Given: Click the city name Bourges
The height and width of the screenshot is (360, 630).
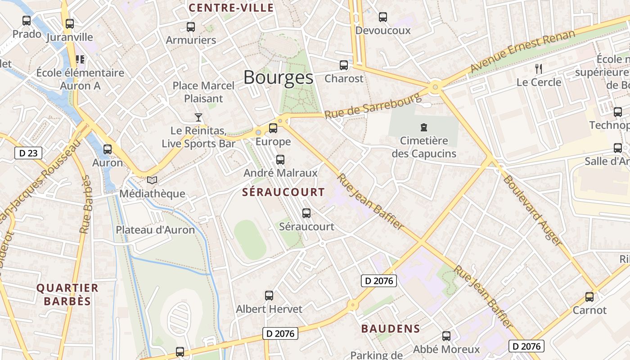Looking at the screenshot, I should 278,78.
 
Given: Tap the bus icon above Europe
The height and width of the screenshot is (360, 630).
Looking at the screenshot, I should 273,128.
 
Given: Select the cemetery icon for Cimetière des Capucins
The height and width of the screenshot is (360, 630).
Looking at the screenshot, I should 423,127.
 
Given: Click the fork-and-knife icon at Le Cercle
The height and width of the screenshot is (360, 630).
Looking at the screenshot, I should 538,68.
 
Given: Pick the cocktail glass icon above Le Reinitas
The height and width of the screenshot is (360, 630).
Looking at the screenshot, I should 198,117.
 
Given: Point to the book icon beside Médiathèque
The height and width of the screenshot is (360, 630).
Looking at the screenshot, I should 152,180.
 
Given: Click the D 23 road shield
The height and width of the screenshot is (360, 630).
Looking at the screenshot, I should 28,153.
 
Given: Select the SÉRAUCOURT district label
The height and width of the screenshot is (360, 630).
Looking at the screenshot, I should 283,192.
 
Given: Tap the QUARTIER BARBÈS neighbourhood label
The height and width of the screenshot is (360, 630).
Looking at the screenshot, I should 67,294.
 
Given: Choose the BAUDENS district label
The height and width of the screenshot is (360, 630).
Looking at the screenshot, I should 391,329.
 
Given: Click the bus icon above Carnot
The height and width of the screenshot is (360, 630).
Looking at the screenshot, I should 589,297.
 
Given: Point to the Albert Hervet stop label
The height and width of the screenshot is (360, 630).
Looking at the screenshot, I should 269,309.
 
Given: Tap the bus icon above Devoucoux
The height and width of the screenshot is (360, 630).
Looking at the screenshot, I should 383,17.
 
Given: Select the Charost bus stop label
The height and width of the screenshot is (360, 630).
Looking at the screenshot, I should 344,79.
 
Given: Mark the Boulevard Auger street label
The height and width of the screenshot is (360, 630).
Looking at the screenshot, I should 532,210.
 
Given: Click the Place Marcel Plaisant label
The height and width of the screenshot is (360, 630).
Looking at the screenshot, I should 204,92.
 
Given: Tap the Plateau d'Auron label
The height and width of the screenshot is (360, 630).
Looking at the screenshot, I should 155,230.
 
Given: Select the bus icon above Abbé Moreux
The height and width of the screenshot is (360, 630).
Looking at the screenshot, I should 446,336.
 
